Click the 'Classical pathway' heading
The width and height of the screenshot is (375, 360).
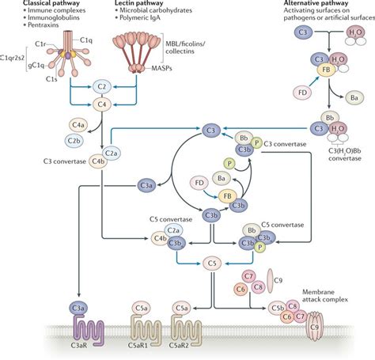(x=32, y=4)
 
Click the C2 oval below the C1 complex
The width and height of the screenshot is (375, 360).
(x=100, y=85)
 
